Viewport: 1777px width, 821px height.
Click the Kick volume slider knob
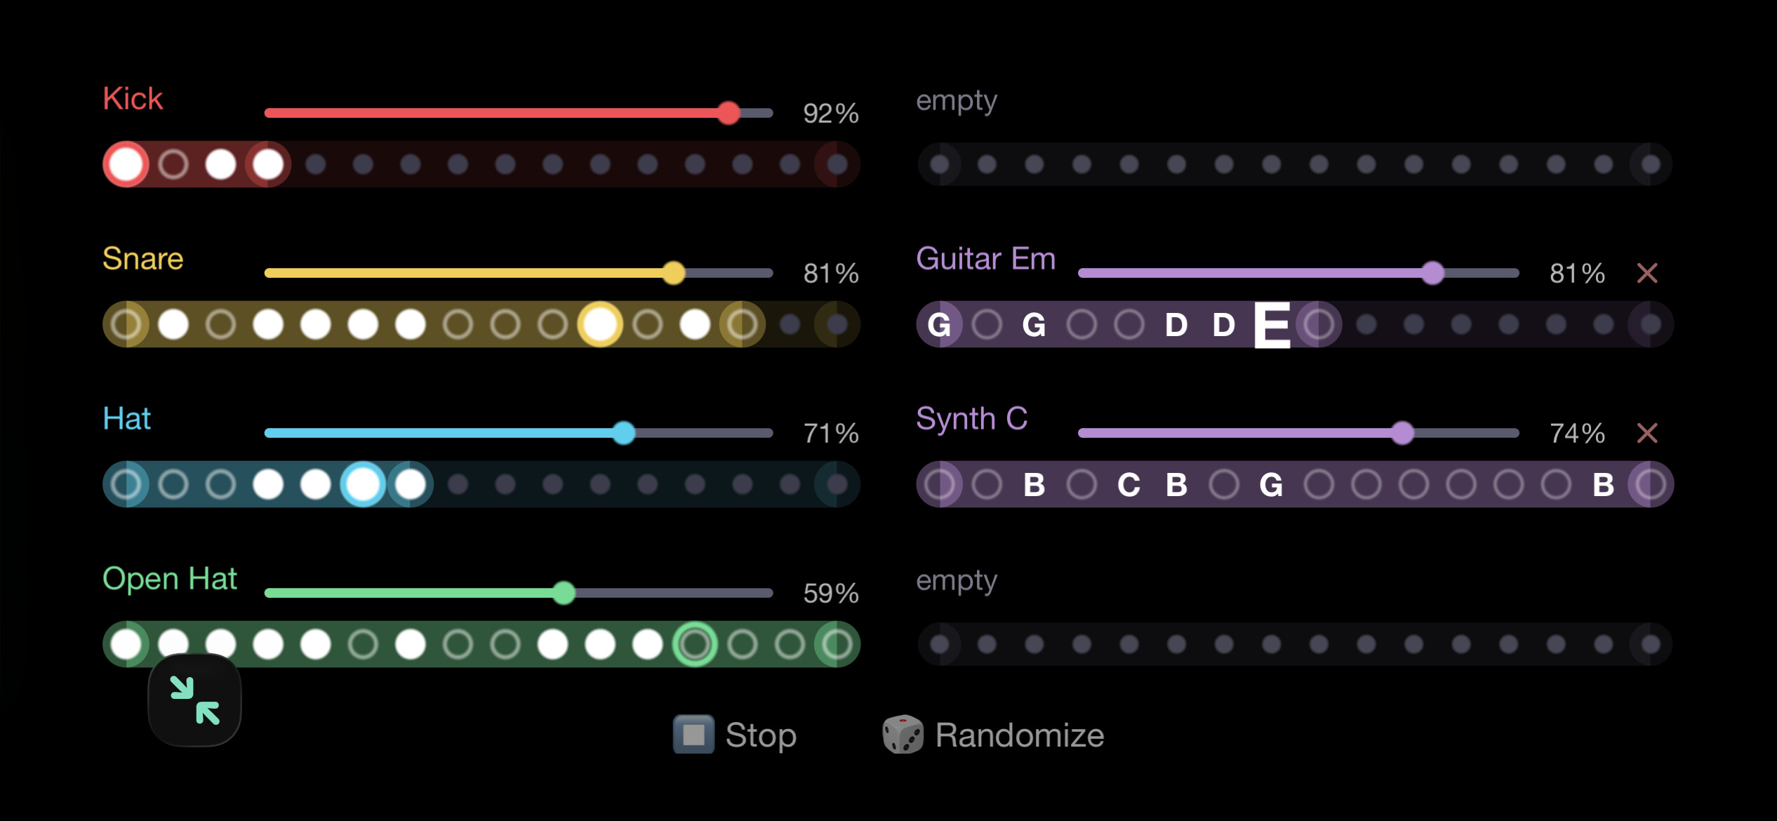[x=728, y=113]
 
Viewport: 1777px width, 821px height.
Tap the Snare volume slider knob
[x=674, y=273]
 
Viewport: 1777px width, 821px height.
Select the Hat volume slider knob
[x=623, y=433]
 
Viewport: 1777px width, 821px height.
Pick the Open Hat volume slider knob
[x=564, y=593]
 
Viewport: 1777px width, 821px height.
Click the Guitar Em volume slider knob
[x=1432, y=273]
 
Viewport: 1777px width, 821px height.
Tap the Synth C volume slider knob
[x=1402, y=433]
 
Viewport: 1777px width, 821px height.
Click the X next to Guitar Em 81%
[x=1647, y=273]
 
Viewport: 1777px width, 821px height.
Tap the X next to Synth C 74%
[x=1647, y=433]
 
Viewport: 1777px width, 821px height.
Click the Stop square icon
[x=693, y=735]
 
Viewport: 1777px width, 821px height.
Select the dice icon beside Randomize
[x=903, y=735]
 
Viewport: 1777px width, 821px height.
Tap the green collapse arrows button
[x=195, y=700]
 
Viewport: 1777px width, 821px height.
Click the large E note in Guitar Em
[x=1272, y=325]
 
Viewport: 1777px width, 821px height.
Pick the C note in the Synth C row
[x=1129, y=485]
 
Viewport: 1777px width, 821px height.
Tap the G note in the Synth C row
[x=1271, y=485]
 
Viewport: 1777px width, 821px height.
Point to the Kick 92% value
[x=831, y=114]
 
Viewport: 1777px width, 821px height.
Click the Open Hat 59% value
[x=831, y=594]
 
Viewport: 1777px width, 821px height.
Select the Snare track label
[x=143, y=259]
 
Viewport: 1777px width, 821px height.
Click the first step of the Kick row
[x=126, y=165]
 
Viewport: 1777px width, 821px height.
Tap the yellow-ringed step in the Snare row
[x=600, y=324]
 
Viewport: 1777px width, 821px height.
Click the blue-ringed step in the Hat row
[x=363, y=484]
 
